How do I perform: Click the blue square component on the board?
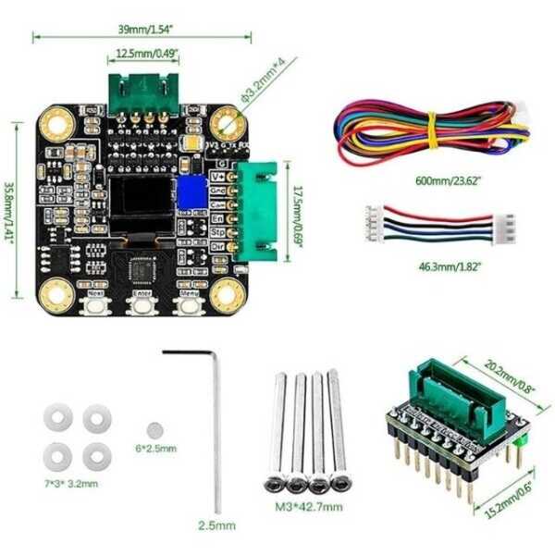pos(192,192)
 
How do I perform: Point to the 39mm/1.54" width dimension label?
pos(142,28)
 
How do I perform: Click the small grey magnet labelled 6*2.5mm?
pos(154,428)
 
